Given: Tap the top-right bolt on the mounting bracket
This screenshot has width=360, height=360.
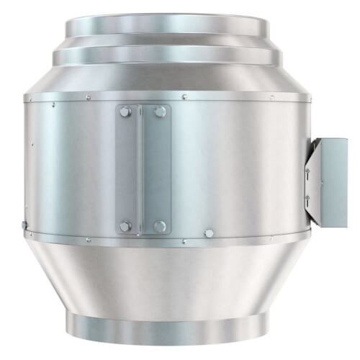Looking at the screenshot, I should click(160, 112).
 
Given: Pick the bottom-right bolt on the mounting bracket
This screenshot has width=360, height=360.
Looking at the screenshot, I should click(160, 226).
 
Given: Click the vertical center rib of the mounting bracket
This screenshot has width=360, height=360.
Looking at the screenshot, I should click(143, 169).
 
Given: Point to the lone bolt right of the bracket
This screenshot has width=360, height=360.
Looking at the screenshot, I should click(209, 233).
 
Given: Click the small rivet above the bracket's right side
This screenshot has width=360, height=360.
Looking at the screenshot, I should click(184, 96).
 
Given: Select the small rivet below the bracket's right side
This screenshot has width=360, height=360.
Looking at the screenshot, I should click(184, 241).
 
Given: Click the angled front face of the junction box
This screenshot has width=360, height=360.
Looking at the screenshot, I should click(311, 180).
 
